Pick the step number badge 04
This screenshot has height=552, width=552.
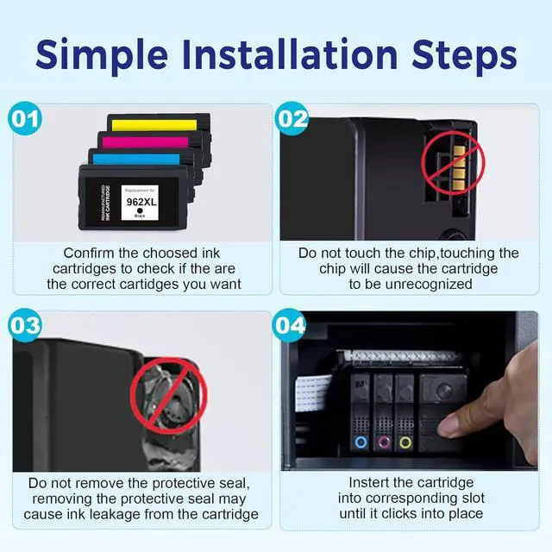point(290,326)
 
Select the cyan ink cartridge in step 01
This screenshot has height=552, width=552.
point(147,160)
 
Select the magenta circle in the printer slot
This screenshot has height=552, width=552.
point(383,442)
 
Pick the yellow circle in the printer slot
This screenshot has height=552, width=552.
point(405,442)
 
